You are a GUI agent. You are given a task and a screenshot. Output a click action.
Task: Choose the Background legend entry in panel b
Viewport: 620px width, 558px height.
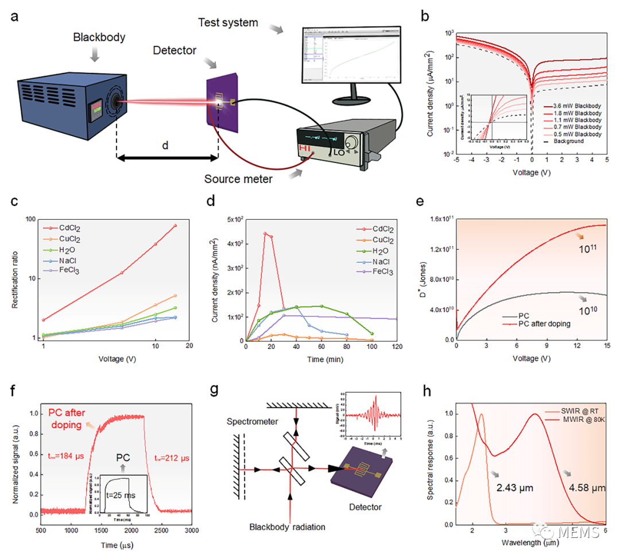pyautogui.click(x=568, y=141)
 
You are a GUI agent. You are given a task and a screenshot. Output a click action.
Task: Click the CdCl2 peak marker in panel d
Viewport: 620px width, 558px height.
pyautogui.click(x=265, y=233)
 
